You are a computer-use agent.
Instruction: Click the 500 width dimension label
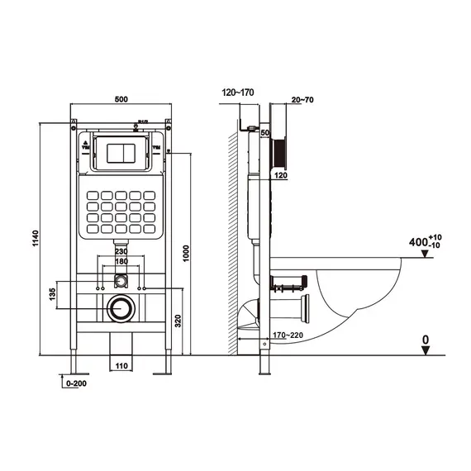coord(120,100)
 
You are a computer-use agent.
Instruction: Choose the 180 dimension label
coord(121,262)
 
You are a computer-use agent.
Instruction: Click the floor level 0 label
coord(424,339)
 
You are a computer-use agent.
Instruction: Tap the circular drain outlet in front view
coord(121,308)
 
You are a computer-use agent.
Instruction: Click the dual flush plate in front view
coord(121,153)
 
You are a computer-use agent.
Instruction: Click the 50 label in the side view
coord(266,132)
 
